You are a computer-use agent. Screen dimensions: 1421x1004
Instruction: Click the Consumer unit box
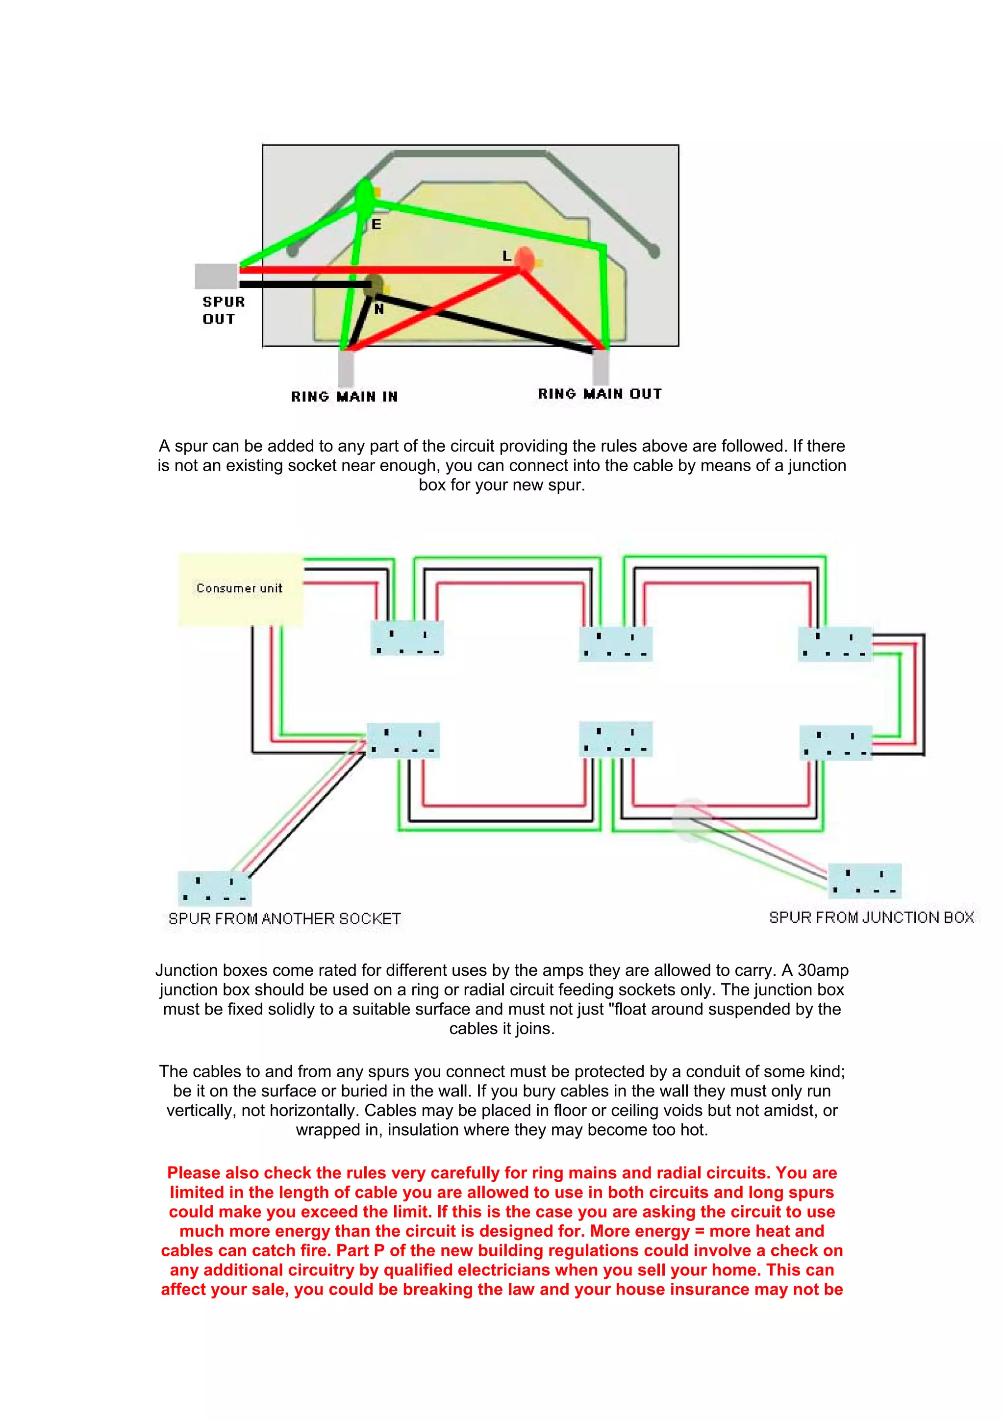pos(241,589)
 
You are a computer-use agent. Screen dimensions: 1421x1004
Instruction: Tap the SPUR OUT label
pos(224,310)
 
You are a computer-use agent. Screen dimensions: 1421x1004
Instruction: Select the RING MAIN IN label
pos(345,396)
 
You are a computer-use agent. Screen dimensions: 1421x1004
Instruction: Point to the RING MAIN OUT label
pos(600,394)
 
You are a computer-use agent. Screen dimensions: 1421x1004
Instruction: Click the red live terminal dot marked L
pos(524,259)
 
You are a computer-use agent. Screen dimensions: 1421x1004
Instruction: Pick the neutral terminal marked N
pos(373,286)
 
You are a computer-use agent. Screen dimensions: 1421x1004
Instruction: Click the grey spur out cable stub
pos(216,276)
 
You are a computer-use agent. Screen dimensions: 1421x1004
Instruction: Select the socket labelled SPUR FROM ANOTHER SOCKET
pos(215,888)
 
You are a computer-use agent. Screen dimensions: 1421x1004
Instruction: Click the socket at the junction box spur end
pos(864,881)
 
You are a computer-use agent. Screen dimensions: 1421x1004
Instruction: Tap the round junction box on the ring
pos(690,819)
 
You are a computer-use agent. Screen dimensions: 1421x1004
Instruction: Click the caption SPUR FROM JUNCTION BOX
pos(871,917)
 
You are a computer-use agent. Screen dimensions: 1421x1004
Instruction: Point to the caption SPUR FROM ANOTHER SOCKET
pos(284,918)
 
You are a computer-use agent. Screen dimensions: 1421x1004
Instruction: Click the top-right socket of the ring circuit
pos(834,644)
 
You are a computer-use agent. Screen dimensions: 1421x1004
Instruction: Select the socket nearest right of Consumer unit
pos(406,638)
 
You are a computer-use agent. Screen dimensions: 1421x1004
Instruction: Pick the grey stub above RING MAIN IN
pos(346,368)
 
